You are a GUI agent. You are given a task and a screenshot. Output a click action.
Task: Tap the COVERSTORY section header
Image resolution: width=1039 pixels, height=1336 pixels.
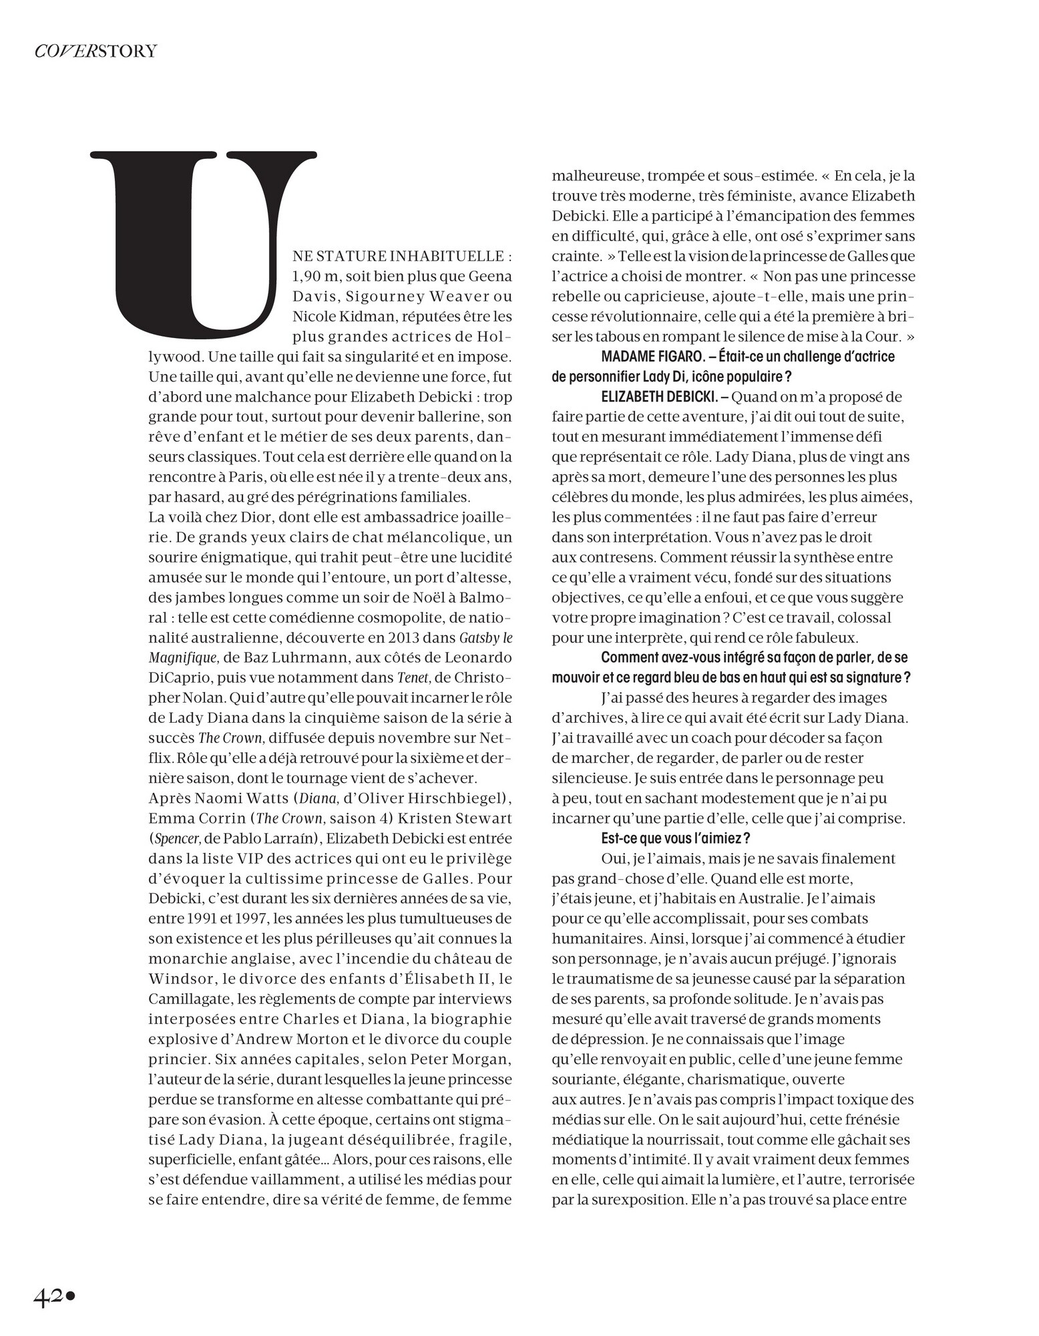(x=95, y=51)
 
